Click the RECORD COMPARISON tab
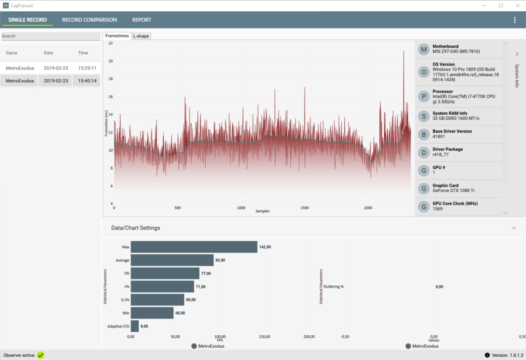tap(89, 20)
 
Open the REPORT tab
tap(142, 20)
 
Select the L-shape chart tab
tap(141, 36)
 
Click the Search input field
tap(51, 36)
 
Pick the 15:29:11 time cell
tap(87, 68)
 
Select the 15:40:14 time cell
tap(87, 81)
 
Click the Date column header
tap(48, 53)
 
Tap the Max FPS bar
tap(194, 247)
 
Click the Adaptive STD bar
tap(135, 326)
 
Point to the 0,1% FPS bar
tap(157, 300)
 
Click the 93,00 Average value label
tap(220, 260)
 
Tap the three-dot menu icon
tap(515, 20)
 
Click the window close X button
tap(518, 6)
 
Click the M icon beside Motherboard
tap(424, 49)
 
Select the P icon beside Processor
tap(424, 97)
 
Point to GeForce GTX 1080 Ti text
tap(453, 191)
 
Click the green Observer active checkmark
tap(41, 355)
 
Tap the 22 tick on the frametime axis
tap(111, 43)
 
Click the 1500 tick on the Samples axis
tap(304, 208)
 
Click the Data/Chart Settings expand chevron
tap(513, 228)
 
